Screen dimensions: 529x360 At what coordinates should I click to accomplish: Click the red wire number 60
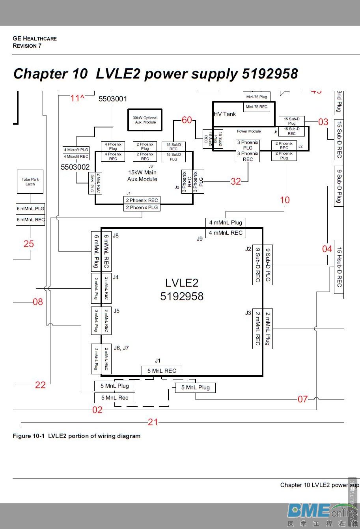(187, 120)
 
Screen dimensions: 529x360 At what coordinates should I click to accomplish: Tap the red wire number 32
(236, 181)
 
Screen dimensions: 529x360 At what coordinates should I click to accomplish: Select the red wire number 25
(29, 244)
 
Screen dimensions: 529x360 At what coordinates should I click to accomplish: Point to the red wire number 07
(302, 399)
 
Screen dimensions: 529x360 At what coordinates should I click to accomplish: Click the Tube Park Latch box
(30, 182)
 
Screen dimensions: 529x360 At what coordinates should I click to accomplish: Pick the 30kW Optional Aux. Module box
(145, 120)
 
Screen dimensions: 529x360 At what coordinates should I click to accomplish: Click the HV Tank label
(225, 114)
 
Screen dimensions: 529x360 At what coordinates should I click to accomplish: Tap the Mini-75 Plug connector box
(257, 97)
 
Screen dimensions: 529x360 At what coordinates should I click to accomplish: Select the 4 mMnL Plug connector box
(226, 222)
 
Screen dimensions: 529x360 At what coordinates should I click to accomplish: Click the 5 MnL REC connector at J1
(162, 371)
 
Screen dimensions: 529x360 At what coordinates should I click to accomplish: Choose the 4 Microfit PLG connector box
(76, 150)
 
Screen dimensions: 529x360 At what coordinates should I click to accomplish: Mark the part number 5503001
(113, 99)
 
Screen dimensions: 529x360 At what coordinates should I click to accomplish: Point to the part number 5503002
(75, 167)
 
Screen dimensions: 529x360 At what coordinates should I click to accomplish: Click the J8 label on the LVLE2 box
(116, 236)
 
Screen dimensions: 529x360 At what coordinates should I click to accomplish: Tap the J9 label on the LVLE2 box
(200, 238)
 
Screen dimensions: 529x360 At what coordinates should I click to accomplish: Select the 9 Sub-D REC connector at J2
(258, 265)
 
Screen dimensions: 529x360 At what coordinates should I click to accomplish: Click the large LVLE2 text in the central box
(182, 282)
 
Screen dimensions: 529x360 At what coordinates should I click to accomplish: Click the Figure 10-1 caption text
(76, 436)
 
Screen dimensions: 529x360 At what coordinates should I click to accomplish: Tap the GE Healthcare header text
(35, 38)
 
